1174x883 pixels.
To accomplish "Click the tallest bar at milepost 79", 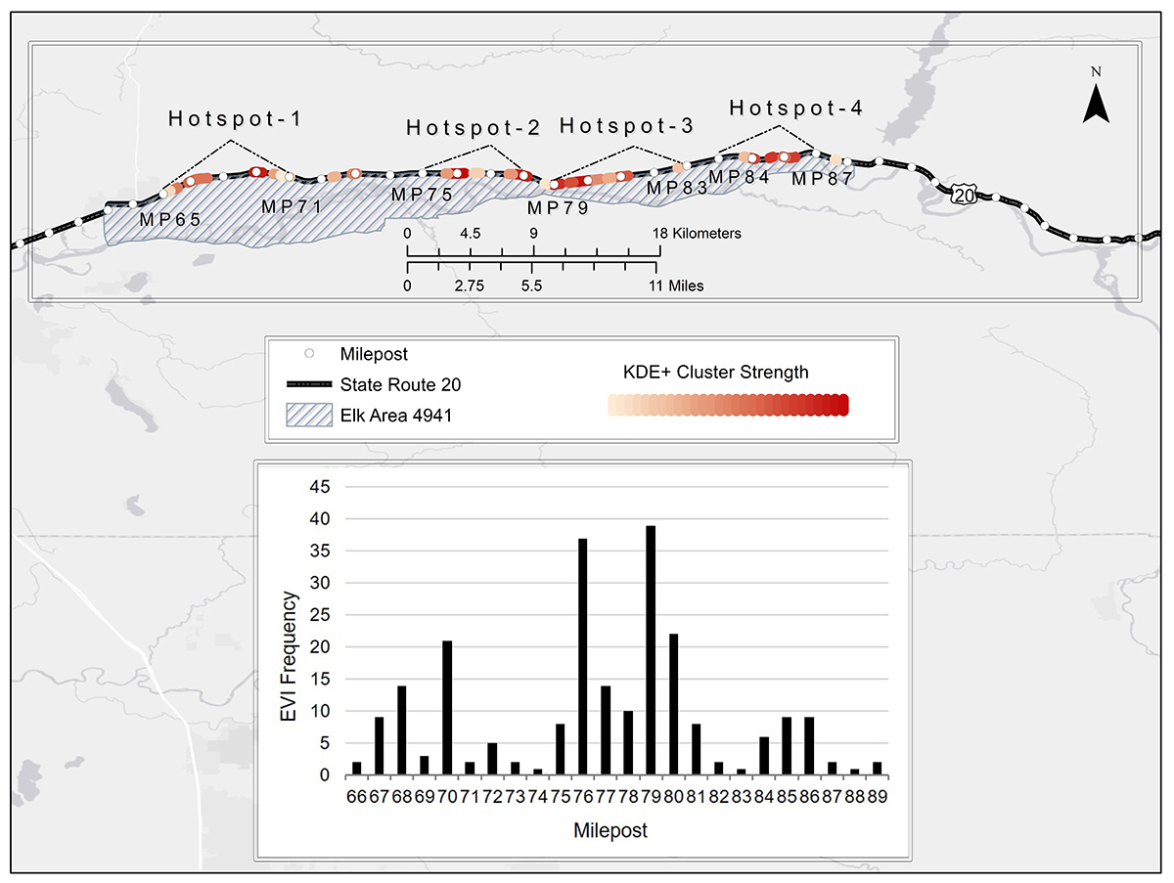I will coord(651,650).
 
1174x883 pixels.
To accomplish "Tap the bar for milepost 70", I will coord(446,708).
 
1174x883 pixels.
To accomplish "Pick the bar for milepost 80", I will coord(672,704).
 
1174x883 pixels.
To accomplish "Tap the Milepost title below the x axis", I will coord(610,831).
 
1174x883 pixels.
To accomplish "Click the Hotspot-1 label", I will coord(235,119).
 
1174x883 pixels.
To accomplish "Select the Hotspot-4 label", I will coord(796,108).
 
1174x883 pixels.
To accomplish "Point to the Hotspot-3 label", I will coord(627,126).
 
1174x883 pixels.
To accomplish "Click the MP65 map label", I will coord(170,219).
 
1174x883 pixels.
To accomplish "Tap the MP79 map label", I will coord(557,207).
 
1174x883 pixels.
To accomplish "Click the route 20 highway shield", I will coord(964,196).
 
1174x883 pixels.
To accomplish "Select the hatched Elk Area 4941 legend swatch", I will coord(309,416).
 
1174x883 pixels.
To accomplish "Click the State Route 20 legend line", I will coord(309,384).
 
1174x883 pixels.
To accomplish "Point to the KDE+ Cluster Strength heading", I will coord(716,372).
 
